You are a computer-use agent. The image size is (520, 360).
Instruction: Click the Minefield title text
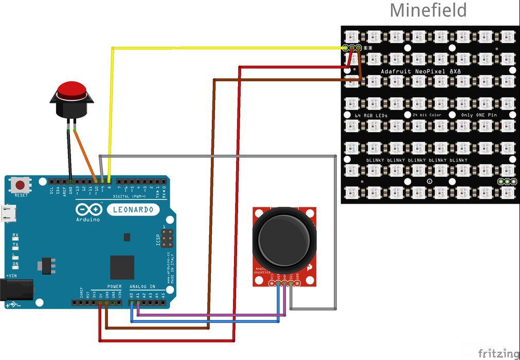428,10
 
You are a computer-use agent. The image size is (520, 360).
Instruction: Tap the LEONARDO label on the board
133,210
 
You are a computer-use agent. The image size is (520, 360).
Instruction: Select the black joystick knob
284,237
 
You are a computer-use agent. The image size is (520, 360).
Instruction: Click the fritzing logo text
497,353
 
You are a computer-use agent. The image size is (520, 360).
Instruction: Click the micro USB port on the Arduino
7,213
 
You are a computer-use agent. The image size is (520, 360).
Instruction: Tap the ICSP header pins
167,238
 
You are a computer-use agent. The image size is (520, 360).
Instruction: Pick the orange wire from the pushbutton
85,154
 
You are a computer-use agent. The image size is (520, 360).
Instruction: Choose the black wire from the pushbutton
69,154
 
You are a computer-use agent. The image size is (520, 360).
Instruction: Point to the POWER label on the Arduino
114,286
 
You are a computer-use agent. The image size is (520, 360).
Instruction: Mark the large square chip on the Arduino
122,267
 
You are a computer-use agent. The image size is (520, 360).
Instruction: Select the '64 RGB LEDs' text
371,115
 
